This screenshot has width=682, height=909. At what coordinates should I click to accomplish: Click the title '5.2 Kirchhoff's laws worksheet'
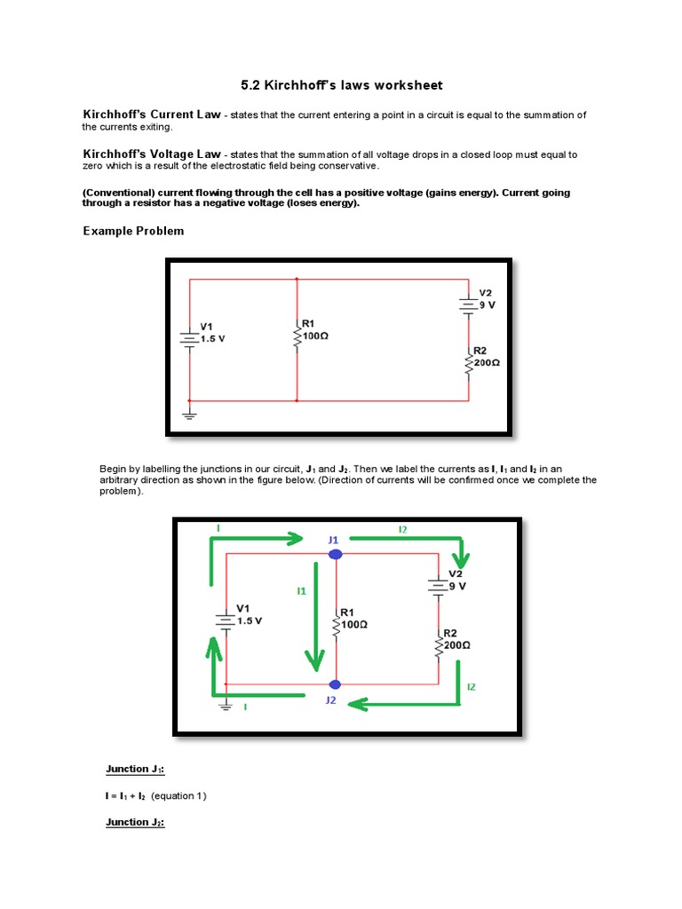click(x=341, y=85)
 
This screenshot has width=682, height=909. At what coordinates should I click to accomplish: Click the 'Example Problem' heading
click(x=133, y=231)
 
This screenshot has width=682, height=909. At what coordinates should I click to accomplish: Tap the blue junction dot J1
click(x=335, y=554)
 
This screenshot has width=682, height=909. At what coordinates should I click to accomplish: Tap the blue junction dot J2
click(x=335, y=684)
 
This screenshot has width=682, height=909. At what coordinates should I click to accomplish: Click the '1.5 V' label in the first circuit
click(x=213, y=338)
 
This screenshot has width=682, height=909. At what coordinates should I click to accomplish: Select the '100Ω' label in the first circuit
click(x=316, y=336)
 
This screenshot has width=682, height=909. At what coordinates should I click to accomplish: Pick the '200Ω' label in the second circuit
click(x=457, y=645)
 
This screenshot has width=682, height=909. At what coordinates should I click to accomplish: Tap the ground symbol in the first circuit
click(x=188, y=412)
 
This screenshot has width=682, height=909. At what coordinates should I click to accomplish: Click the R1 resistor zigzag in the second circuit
click(x=337, y=625)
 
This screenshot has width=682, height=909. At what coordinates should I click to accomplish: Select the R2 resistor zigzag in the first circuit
click(x=469, y=362)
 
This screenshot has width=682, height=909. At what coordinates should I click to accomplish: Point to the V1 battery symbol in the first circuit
click(x=188, y=338)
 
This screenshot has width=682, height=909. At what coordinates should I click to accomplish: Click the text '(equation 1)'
click(x=178, y=795)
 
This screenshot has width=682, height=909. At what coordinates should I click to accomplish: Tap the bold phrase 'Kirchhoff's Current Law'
click(x=151, y=115)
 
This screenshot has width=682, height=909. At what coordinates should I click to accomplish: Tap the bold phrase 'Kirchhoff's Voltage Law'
click(x=151, y=154)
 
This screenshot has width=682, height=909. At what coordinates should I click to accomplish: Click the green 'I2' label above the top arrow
click(x=402, y=529)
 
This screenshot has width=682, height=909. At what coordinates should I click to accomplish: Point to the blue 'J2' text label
click(x=330, y=700)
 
